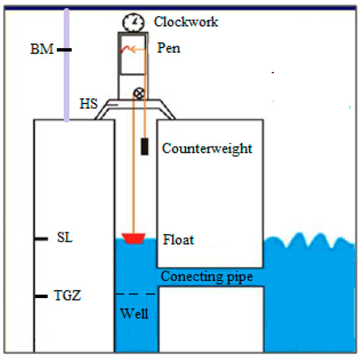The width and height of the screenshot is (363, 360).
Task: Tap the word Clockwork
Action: click(186, 22)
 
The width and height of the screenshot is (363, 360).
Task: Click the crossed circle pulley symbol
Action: click(139, 93)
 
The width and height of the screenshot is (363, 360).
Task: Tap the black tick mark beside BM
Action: click(63, 49)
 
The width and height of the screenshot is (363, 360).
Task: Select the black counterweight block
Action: click(144, 147)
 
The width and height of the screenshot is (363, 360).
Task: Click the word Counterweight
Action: click(207, 148)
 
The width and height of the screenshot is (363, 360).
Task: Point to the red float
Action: click(134, 237)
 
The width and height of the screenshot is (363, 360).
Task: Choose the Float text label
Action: click(178, 239)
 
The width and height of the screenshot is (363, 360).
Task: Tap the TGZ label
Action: click(69, 296)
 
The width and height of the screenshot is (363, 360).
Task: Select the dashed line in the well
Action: click(135, 293)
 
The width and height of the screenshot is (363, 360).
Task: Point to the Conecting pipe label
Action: click(207, 276)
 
